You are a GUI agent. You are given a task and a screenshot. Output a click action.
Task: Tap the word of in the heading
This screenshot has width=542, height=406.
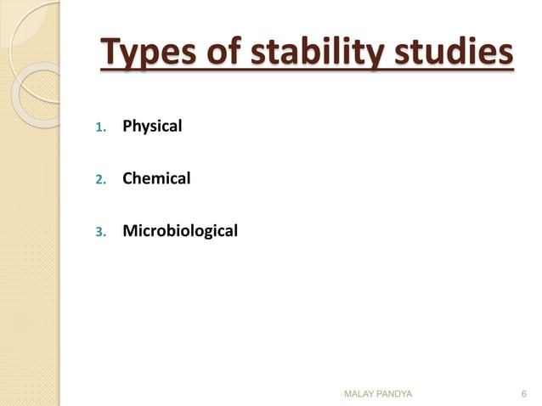coord(222,54)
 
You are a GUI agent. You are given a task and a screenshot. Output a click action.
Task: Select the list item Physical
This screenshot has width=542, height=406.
coord(152,127)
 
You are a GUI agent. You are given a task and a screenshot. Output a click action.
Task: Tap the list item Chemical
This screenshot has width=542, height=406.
coord(156,178)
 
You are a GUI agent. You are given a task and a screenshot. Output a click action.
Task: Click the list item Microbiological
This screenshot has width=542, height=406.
coord(180,229)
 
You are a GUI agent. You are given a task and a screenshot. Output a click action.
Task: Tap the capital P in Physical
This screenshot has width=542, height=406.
coord(127,127)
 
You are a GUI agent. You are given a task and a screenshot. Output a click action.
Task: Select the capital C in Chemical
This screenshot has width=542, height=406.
coord(127,178)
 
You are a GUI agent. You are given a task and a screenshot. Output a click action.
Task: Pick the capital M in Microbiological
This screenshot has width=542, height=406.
coord(129,229)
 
